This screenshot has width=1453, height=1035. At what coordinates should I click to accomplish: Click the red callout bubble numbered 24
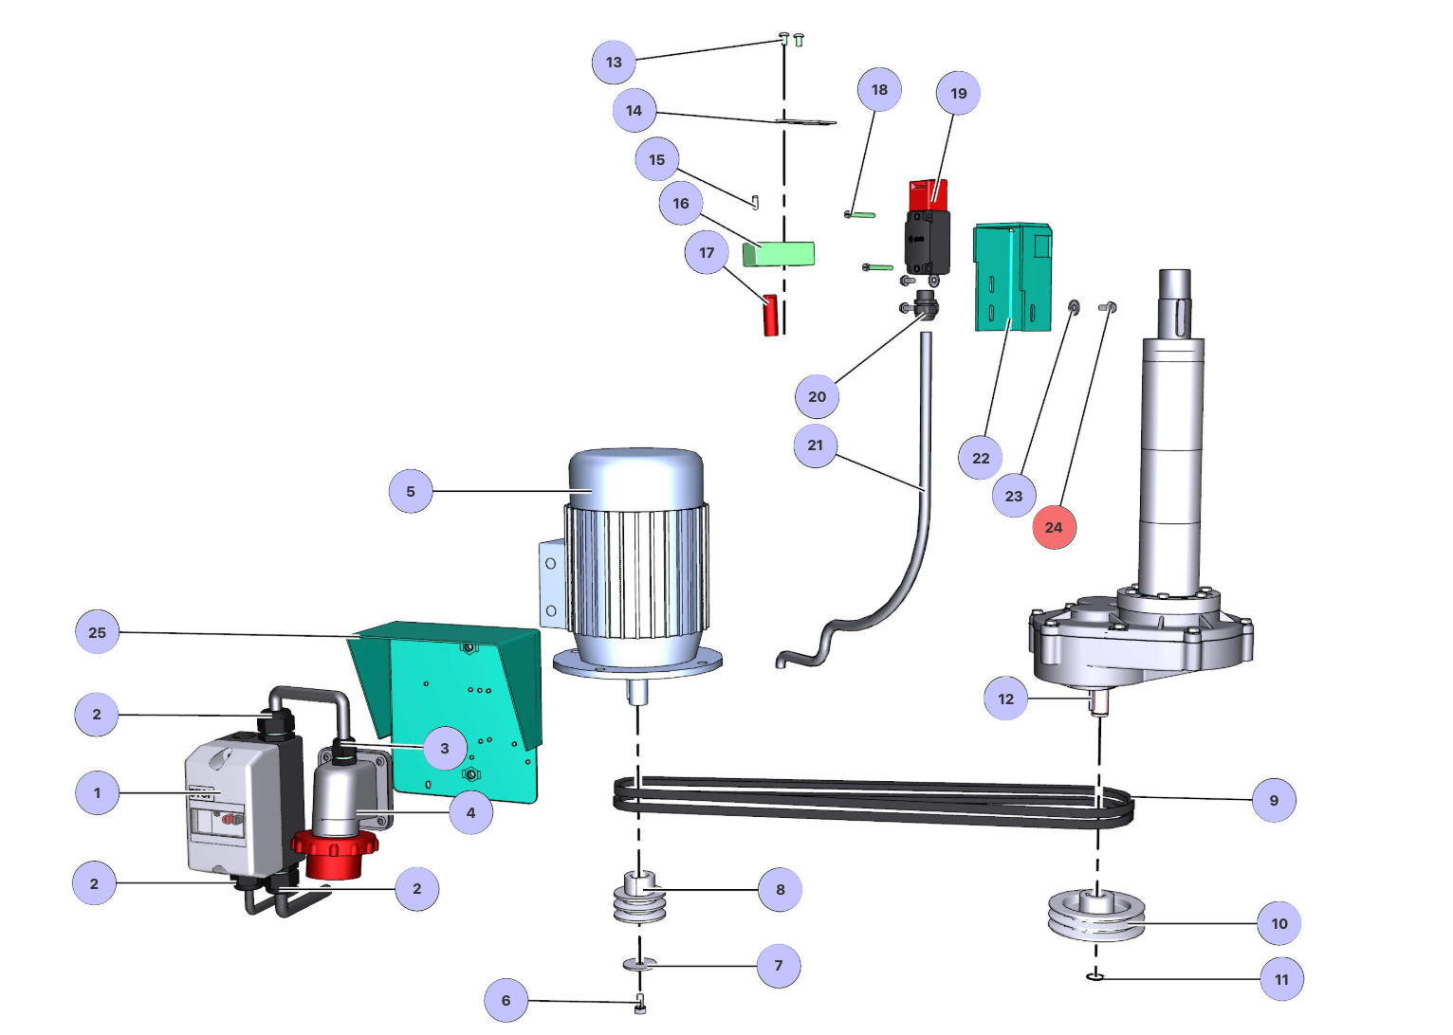tap(1054, 527)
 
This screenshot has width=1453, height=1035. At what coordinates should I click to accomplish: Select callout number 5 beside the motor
tap(411, 491)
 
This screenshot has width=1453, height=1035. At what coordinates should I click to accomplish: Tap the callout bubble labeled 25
tap(97, 632)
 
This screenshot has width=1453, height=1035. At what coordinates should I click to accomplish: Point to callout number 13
tap(614, 63)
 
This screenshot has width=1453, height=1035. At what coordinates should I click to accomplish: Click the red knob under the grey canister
tap(335, 850)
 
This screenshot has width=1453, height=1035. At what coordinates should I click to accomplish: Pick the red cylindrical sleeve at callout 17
tap(771, 316)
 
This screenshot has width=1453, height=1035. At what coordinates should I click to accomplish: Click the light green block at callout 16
tap(780, 253)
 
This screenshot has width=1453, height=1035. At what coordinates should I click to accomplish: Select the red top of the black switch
tap(928, 195)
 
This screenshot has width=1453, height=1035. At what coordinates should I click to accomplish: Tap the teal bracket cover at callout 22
tap(1012, 278)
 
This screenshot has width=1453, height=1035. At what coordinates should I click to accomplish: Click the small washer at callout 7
tap(640, 965)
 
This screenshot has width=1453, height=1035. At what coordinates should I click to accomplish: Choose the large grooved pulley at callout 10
tap(1096, 915)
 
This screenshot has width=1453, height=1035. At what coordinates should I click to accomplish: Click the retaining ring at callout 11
tap(1095, 976)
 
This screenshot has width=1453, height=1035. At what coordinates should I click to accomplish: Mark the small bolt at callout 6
tap(640, 1006)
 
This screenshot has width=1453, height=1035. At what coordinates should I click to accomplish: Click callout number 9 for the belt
tap(1274, 800)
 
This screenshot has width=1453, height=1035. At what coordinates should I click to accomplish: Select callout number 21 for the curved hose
tap(816, 445)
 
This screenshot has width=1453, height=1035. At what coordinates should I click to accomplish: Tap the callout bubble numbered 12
tap(1006, 699)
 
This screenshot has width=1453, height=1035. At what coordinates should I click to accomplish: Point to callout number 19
tap(958, 93)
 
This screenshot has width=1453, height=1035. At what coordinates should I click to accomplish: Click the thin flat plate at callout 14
tap(806, 122)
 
